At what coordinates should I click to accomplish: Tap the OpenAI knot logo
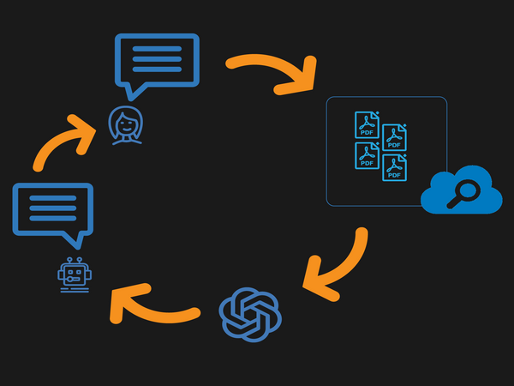[x=250, y=312]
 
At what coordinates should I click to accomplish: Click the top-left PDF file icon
[x=368, y=125]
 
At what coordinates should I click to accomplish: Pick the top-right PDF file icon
[x=394, y=137]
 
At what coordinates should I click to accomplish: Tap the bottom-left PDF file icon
[x=368, y=155]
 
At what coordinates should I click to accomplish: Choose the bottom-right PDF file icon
[x=394, y=167]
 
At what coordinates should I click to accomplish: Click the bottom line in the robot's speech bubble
[x=51, y=219]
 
